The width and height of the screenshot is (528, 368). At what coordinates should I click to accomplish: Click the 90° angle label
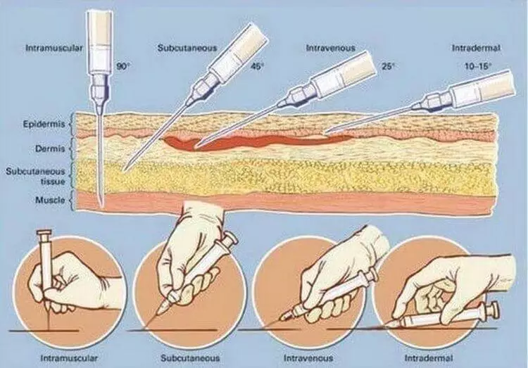[x=123, y=66]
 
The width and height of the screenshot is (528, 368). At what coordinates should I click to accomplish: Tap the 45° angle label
[x=256, y=66]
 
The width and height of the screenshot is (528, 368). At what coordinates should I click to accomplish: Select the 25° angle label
[x=388, y=66]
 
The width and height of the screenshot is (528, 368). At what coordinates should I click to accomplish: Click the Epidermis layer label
[x=44, y=125]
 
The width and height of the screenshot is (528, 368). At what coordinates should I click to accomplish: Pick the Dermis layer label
[x=50, y=148]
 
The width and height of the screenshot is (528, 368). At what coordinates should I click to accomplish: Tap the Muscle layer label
[x=50, y=200]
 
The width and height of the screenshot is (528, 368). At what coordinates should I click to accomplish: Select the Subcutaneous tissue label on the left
[x=35, y=177]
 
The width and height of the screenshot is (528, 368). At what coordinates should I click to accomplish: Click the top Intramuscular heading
[x=54, y=48]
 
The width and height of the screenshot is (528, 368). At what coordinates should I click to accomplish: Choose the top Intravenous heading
[x=331, y=48]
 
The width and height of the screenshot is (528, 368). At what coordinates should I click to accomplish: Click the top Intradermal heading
[x=476, y=48]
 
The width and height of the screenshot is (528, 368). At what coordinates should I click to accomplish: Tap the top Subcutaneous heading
[x=187, y=48]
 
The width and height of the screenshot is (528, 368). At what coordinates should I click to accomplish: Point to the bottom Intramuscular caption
[x=69, y=358]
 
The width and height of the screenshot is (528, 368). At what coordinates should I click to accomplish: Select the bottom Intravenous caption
[x=308, y=358]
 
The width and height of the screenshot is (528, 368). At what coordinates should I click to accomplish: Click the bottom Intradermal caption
[x=429, y=358]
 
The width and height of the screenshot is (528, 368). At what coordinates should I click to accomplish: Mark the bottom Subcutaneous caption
[x=190, y=358]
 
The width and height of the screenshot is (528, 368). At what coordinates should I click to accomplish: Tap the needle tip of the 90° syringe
[x=101, y=205]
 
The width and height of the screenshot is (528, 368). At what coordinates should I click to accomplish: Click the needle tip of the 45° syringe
[x=124, y=170]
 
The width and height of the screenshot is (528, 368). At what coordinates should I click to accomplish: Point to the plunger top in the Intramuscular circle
[x=44, y=232]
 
